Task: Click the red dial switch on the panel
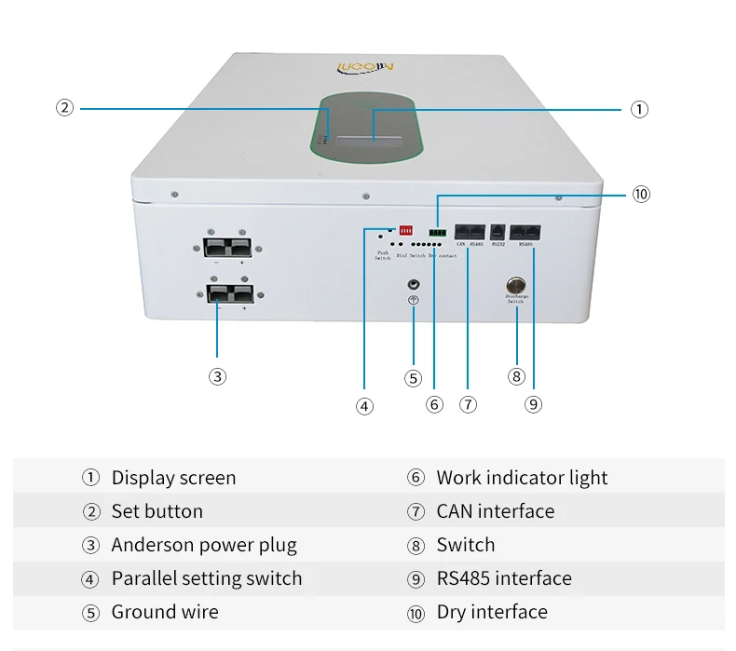point(405,229)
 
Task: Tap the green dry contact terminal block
point(437,232)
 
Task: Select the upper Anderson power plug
point(228,247)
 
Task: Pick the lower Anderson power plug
point(227,294)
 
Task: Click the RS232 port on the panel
point(497,234)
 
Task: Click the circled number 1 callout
point(639,109)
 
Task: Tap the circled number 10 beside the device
point(640,194)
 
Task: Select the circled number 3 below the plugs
point(217,376)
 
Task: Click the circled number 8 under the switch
point(516,376)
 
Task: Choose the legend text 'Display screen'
point(173,478)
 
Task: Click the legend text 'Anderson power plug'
point(204,545)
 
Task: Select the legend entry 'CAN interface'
point(495,511)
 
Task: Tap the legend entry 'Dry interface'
point(492,612)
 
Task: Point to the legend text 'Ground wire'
point(165,612)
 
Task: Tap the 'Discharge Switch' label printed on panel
point(516,299)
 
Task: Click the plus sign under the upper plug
point(242,263)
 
